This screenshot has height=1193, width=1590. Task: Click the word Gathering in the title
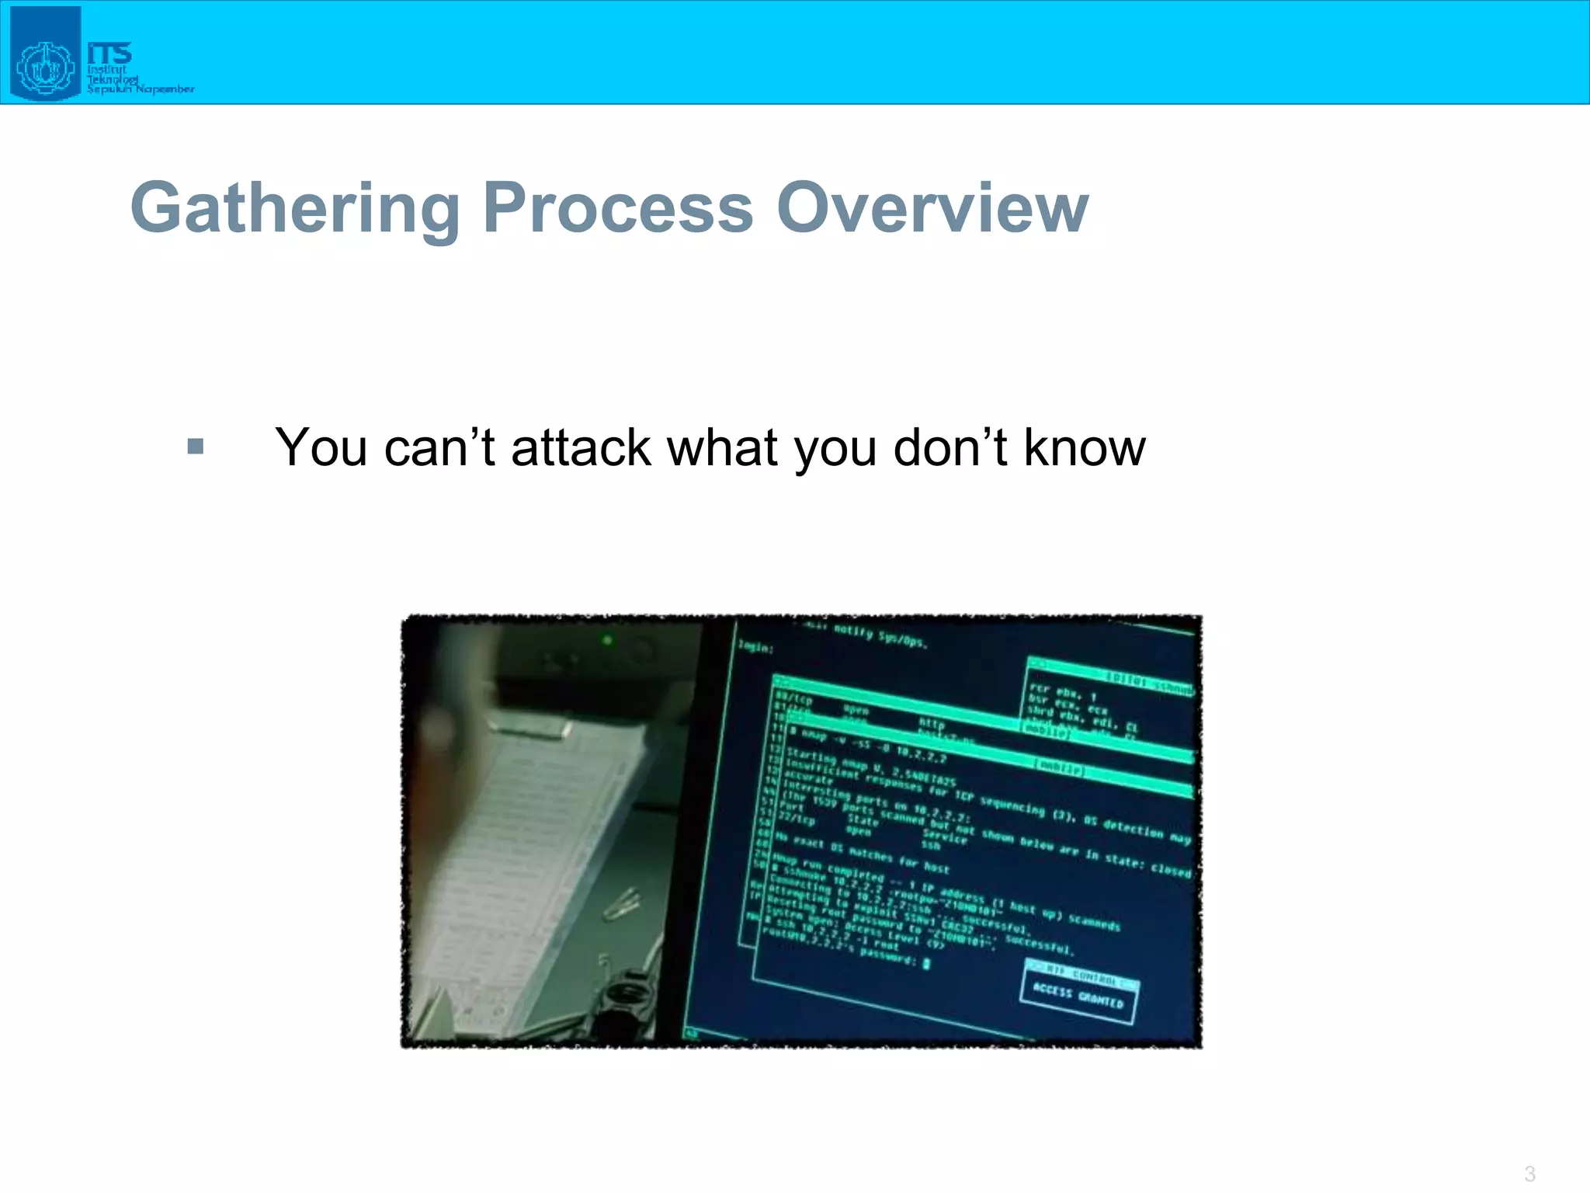[x=295, y=208]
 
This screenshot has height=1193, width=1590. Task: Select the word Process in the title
[x=617, y=208]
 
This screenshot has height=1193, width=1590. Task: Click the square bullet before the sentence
[x=196, y=447]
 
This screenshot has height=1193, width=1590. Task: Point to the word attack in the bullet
[x=581, y=448]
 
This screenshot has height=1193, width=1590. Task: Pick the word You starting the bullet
[x=321, y=448]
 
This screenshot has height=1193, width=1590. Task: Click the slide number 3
[x=1529, y=1173]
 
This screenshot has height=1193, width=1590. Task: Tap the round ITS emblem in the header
[x=45, y=68]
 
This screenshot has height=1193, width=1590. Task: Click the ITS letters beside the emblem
[x=109, y=54]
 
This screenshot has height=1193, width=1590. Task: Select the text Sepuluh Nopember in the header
[x=140, y=89]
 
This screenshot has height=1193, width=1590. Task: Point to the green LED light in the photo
[x=608, y=641]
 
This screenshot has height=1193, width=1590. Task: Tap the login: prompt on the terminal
[x=755, y=646]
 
